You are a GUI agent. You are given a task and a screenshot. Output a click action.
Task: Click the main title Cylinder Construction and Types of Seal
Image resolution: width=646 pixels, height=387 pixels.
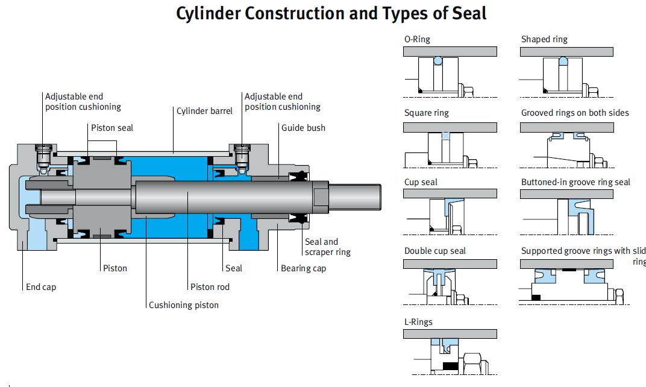pos(331,13)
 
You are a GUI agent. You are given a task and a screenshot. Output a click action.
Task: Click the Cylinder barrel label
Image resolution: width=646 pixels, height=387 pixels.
pos(204,111)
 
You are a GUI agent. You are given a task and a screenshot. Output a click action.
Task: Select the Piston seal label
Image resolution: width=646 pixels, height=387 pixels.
pos(112,128)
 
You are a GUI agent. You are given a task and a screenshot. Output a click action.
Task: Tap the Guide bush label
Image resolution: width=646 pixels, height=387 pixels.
pos(303,128)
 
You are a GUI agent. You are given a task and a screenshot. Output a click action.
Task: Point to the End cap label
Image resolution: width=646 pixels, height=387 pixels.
pos(41,287)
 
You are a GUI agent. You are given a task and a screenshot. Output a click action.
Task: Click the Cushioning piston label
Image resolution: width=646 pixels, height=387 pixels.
pos(184,305)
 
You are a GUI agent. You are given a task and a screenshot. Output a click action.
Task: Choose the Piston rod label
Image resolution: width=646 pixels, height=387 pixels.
pos(210,287)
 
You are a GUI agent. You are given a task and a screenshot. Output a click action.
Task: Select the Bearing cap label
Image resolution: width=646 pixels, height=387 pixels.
pos(303,268)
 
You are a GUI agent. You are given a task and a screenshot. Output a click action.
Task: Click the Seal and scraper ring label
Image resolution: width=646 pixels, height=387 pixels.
pos(327,247)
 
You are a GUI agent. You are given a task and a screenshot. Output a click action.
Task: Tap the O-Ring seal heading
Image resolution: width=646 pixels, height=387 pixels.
pos(417,39)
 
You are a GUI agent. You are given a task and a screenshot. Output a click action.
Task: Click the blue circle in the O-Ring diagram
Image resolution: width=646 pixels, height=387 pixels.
pos(438,61)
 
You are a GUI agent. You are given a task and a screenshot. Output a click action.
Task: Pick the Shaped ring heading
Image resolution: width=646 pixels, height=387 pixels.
pos(544,39)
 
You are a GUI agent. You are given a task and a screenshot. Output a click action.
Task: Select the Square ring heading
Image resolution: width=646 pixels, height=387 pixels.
pos(426,113)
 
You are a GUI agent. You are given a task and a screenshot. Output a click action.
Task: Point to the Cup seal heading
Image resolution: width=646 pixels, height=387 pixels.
pos(421,182)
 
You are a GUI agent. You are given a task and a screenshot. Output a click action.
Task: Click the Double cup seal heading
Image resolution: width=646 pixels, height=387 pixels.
pos(434,251)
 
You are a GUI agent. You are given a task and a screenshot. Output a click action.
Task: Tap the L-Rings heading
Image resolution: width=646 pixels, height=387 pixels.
pos(418,322)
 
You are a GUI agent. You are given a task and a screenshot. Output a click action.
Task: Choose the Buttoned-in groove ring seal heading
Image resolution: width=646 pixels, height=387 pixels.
pos(575,182)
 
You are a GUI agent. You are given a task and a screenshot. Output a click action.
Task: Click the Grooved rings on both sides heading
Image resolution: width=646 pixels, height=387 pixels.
pos(574,113)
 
